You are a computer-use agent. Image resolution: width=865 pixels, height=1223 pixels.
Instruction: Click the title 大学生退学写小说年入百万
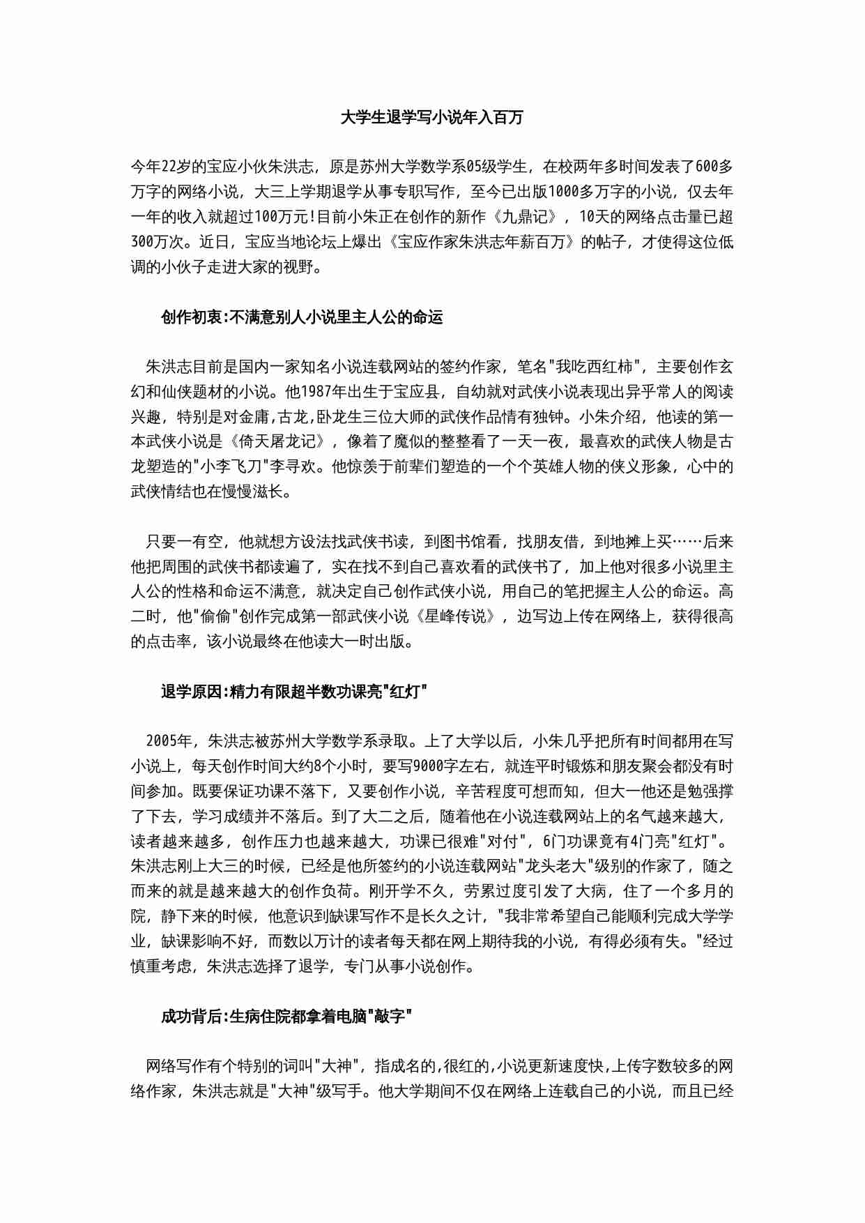431,117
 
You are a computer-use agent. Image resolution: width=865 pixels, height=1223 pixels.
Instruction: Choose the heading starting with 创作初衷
301,317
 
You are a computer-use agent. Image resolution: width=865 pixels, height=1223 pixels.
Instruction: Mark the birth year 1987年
329,392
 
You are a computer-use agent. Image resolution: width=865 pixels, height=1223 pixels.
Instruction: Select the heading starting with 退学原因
293,692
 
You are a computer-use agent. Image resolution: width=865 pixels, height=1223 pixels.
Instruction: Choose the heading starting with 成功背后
286,1017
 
